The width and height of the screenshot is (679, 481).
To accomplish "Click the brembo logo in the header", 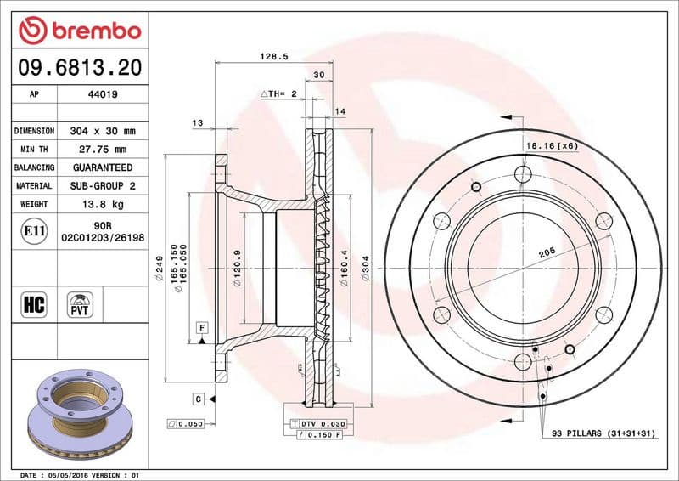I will click(x=79, y=31).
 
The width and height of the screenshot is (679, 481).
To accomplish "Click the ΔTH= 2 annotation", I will click(x=278, y=93).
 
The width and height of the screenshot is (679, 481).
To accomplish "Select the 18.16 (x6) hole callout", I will click(x=551, y=146).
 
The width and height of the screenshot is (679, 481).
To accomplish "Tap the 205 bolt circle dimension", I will click(x=547, y=252).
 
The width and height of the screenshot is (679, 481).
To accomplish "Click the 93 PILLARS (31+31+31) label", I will click(x=603, y=433).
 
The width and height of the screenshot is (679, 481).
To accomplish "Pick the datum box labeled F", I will click(x=202, y=327).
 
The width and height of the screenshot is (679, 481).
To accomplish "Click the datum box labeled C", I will click(x=197, y=398).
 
